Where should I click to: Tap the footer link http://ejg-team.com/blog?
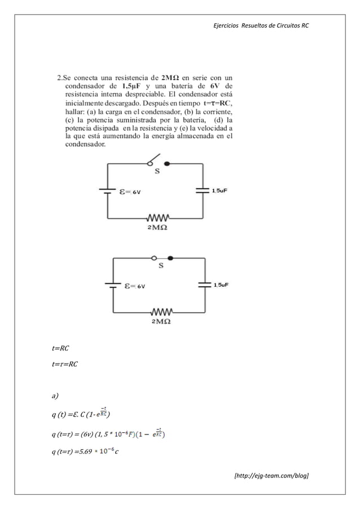pyautogui.click(x=271, y=476)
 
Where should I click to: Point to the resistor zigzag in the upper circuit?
pyautogui.click(x=159, y=218)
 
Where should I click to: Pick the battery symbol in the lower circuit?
pyautogui.click(x=113, y=285)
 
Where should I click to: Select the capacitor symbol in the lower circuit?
pyautogui.click(x=204, y=285)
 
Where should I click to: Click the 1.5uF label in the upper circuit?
pyautogui.click(x=219, y=191)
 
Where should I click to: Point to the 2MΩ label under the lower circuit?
pyautogui.click(x=161, y=322)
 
